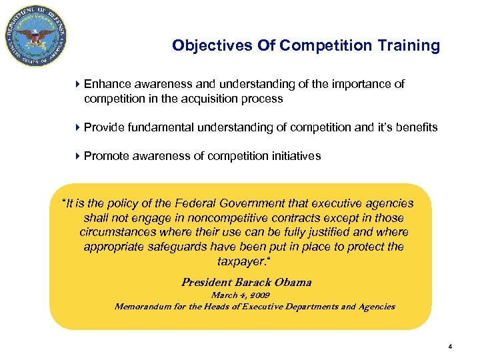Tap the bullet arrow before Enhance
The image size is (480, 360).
click(x=78, y=85)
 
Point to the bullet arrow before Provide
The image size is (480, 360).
click(x=78, y=127)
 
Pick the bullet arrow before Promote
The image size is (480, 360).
click(x=78, y=156)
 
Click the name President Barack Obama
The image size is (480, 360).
click(x=246, y=282)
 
